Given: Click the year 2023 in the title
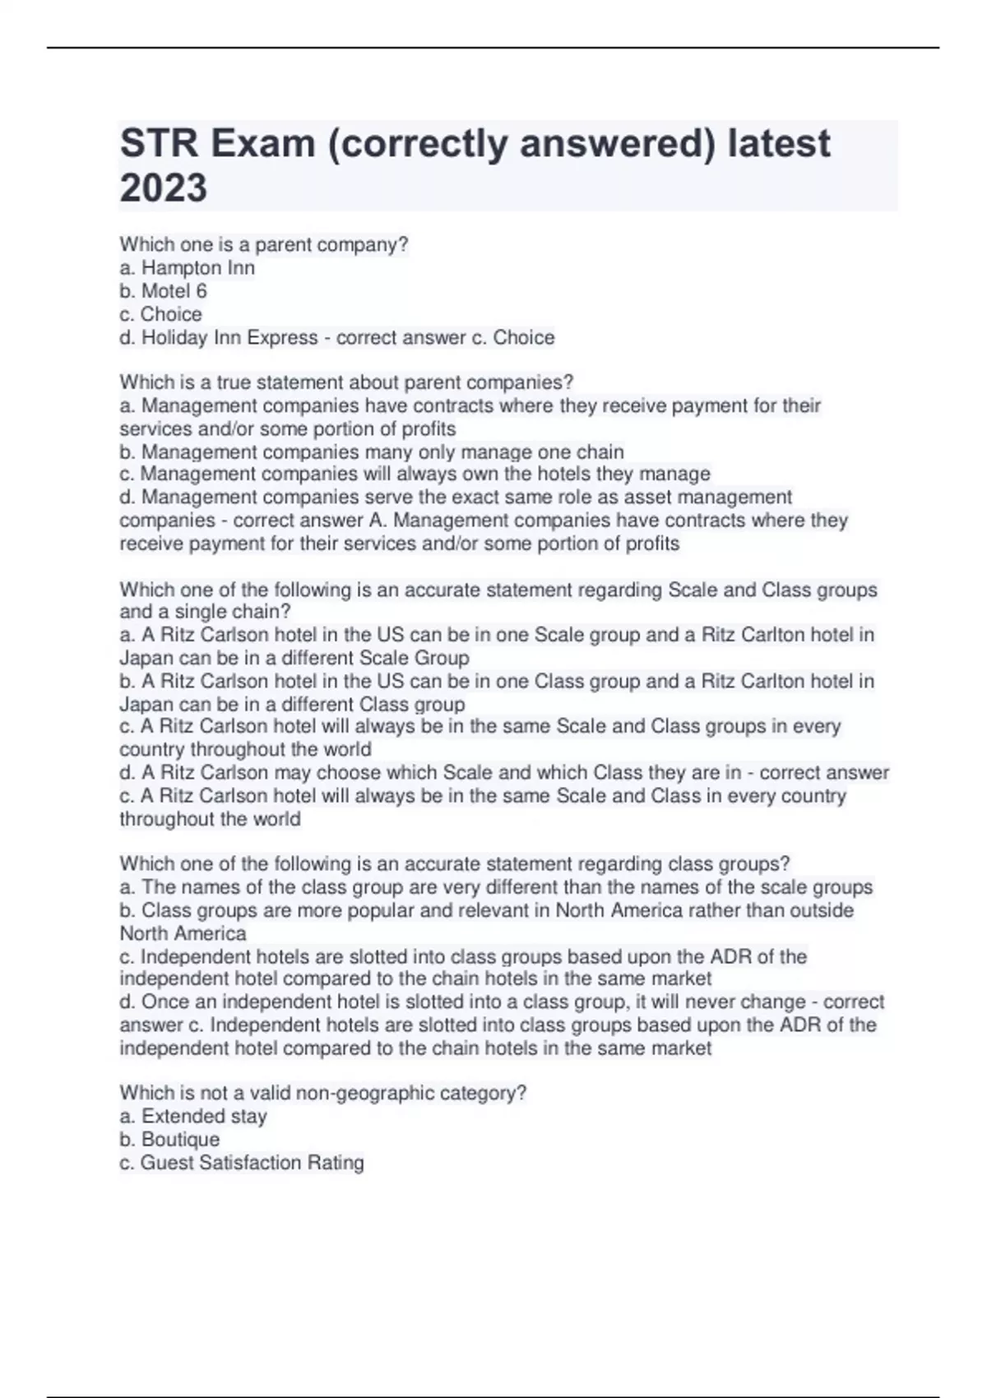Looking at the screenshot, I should coord(163,188).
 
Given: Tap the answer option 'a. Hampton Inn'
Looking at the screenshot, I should coord(187,268).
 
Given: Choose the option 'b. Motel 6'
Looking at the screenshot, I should coord(163,291).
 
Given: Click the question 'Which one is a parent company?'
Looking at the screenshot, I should coord(263,245).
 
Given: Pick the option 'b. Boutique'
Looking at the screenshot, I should coord(169,1140).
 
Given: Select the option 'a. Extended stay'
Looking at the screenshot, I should coord(193,1117).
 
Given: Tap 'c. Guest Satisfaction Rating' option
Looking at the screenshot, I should coord(242,1163).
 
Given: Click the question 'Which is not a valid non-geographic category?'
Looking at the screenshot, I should coord(322,1094).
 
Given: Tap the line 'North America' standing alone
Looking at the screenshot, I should coord(183,934).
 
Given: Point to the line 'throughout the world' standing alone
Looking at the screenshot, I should coord(210,820).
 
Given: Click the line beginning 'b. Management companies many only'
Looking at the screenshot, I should coord(372,452).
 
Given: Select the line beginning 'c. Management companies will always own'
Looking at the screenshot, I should coord(415,474).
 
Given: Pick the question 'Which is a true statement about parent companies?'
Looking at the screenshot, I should coord(346,383).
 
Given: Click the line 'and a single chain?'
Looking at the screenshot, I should coord(205,613).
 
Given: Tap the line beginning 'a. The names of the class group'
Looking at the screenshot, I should coord(496,888).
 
